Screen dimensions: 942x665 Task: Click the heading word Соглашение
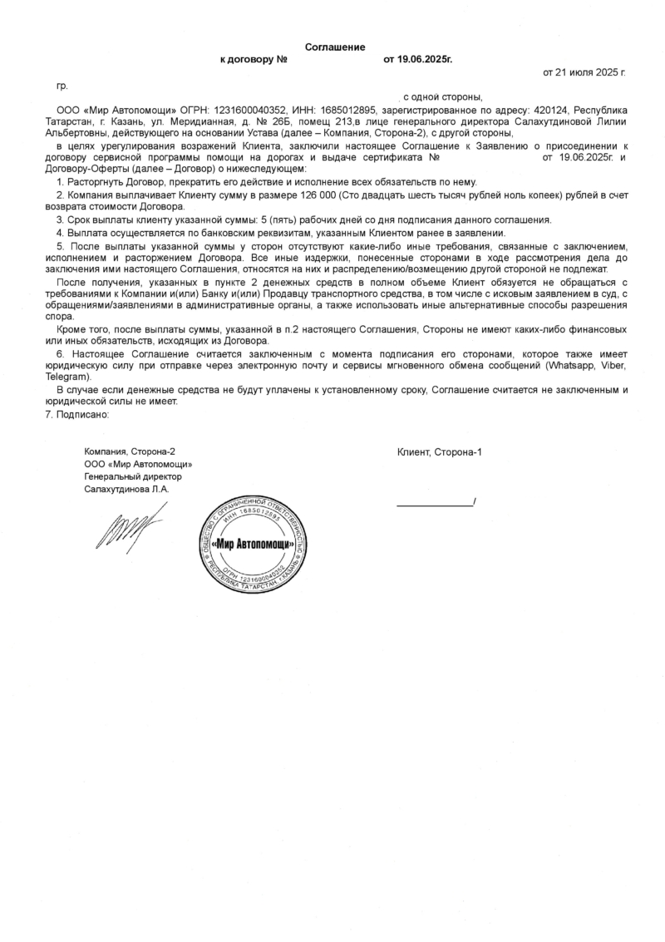[x=335, y=47]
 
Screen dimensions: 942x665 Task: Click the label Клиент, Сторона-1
[x=439, y=451]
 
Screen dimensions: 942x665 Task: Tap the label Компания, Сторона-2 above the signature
[x=130, y=451]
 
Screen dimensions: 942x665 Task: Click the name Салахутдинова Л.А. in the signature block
[x=126, y=490]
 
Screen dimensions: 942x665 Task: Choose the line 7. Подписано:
[x=77, y=415]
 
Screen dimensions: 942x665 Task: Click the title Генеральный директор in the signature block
[x=133, y=477]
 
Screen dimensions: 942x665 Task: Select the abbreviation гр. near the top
[x=61, y=86]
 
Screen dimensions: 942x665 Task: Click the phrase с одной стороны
[x=442, y=97]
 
